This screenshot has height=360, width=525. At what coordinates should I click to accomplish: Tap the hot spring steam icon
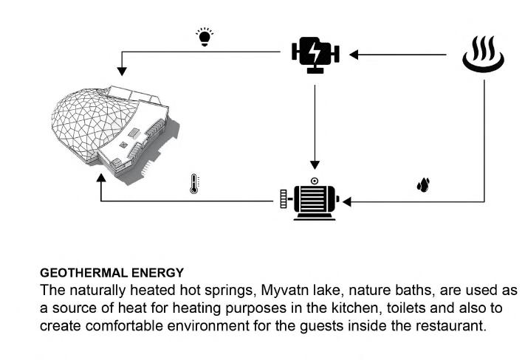click(x=484, y=57)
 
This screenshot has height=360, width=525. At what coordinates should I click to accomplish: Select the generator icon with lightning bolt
click(x=315, y=55)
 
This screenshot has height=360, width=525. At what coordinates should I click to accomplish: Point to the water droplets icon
click(x=422, y=184)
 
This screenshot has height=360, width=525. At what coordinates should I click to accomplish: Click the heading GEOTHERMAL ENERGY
click(x=111, y=273)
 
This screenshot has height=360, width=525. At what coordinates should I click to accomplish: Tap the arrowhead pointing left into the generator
click(x=354, y=54)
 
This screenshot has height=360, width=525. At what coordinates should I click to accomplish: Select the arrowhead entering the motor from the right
click(x=346, y=200)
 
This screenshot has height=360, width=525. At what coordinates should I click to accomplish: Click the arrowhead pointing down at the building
click(x=123, y=72)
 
